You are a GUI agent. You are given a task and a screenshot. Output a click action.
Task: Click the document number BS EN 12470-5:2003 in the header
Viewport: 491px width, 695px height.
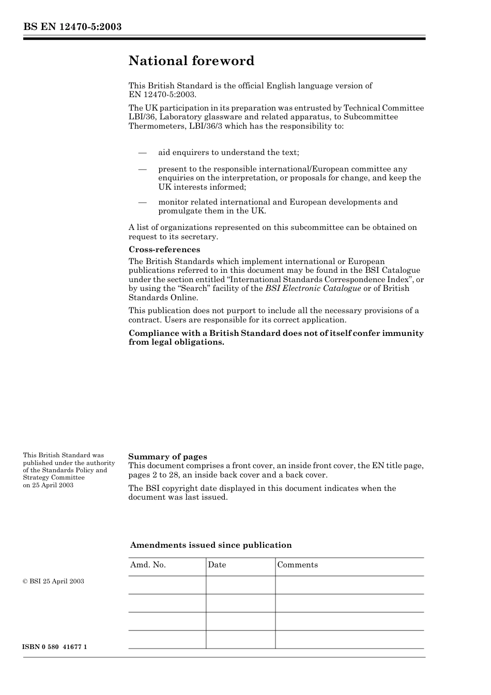72,27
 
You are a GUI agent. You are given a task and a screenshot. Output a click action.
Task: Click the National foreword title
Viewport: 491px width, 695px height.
191,61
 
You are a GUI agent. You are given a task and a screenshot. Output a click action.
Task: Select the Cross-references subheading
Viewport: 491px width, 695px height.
164,250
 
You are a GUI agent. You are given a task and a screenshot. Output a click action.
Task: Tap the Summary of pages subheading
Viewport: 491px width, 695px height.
167,456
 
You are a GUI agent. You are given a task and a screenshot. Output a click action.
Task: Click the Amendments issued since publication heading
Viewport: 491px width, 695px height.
210,545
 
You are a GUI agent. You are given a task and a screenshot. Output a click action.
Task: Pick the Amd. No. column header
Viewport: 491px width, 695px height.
148,565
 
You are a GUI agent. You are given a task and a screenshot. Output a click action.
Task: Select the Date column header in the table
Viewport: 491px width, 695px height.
217,565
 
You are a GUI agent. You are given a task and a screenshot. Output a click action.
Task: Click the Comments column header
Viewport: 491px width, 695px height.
297,565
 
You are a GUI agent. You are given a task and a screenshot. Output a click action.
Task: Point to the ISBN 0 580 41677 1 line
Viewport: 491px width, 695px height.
55,647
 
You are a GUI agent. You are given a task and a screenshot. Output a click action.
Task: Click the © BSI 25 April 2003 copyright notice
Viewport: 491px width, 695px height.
53,581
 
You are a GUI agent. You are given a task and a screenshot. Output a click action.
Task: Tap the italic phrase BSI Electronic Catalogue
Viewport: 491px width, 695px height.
313,288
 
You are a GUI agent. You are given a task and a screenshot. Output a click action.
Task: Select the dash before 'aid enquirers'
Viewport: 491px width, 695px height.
142,152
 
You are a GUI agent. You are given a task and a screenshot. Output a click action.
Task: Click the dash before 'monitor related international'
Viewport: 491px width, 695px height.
142,202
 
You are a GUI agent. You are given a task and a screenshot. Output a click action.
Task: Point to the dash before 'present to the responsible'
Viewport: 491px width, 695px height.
142,169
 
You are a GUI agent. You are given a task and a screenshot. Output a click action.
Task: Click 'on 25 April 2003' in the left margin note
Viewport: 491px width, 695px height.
48,485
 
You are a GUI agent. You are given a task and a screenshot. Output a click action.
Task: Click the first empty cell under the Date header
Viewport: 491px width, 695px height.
240,585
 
